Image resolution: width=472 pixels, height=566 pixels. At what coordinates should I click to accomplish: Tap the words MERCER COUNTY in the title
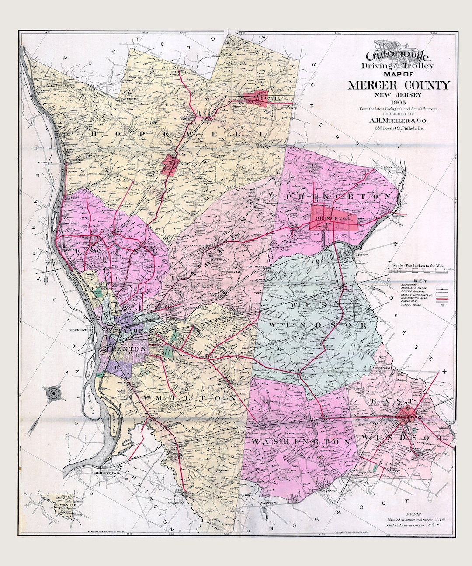click(398, 85)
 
